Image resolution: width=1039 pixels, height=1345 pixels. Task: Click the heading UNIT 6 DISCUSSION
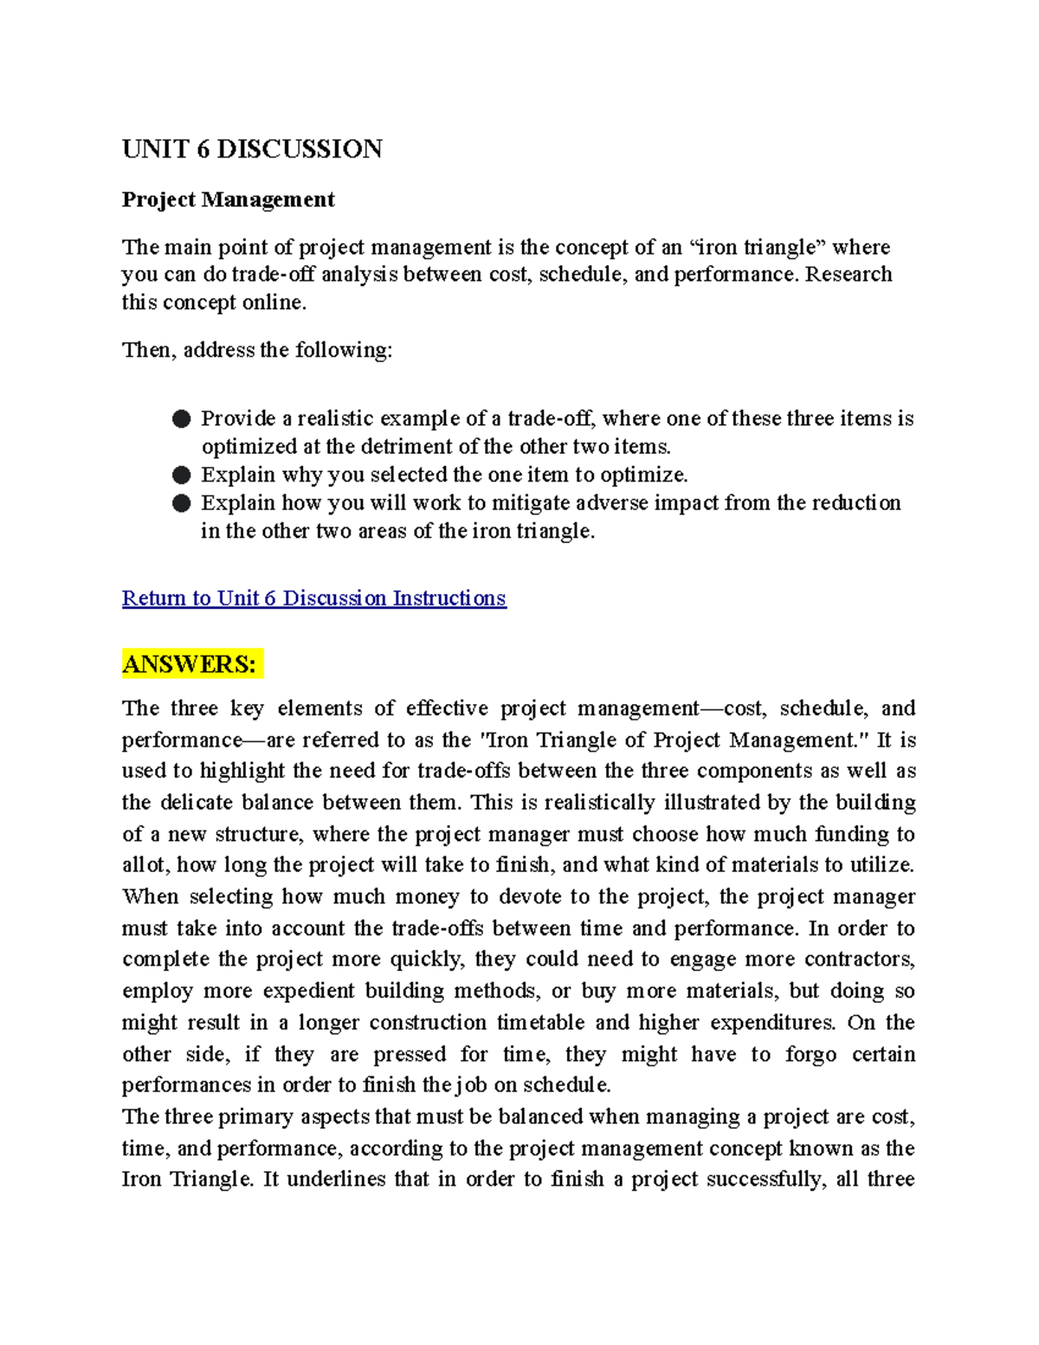coord(252,149)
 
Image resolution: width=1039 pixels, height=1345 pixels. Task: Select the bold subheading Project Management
coord(228,199)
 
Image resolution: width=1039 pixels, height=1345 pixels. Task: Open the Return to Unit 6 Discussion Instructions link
coord(313,598)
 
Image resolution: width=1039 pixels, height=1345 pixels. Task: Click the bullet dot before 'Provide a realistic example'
coord(181,419)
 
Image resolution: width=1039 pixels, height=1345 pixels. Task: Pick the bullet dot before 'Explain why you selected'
coord(181,475)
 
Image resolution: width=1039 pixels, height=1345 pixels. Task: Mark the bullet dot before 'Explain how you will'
coord(181,503)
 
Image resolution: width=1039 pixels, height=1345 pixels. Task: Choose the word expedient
coord(308,991)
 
